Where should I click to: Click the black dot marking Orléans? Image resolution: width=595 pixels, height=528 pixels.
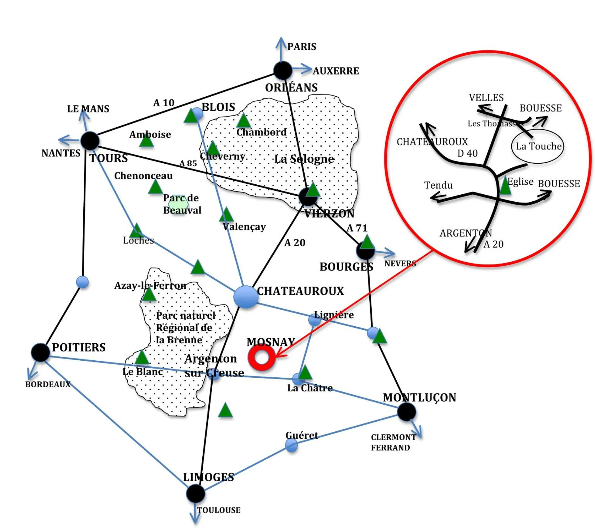283,70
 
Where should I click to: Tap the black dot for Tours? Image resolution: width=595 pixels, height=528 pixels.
90,141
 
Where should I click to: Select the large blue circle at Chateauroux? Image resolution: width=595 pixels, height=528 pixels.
246,297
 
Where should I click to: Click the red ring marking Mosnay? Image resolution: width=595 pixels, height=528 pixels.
261,357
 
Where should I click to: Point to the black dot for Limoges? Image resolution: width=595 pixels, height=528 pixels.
195,493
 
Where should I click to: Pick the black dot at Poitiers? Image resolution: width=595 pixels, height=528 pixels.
40,352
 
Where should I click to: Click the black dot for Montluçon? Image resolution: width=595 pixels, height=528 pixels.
406,412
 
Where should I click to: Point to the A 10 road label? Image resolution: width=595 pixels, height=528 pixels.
164,103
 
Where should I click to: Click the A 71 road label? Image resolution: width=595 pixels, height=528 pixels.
357,228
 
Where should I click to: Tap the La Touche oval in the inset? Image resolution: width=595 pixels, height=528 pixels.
537,146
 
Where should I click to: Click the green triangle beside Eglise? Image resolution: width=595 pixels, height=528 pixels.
505,186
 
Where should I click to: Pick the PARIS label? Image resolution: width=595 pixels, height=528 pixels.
302,47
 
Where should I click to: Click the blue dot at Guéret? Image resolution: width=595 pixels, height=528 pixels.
291,445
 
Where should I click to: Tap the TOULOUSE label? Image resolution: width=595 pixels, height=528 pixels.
219,510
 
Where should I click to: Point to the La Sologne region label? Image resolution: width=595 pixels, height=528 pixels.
304,159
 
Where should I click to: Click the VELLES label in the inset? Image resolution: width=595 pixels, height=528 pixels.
486,97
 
